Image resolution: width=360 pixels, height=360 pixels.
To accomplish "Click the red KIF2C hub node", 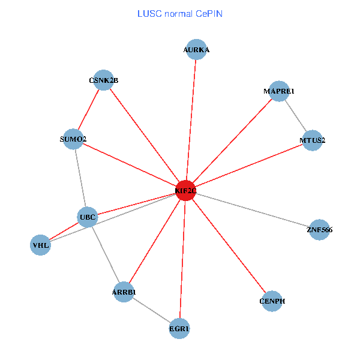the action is (185, 190).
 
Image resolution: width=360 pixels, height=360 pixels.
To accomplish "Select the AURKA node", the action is (196, 49).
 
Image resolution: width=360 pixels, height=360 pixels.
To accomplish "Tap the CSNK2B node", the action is (104, 80).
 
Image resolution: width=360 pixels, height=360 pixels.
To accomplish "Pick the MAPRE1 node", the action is (279, 91).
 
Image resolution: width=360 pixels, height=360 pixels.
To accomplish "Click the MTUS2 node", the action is (313, 140).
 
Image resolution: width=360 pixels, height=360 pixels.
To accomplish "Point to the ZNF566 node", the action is (319, 229).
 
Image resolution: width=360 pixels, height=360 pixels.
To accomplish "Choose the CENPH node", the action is (272, 301).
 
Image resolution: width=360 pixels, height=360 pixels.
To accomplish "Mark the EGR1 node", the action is (179, 328).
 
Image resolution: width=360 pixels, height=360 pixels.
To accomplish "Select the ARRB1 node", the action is (124, 292).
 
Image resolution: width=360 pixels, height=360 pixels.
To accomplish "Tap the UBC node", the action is (88, 217).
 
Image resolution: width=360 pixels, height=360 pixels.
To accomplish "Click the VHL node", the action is (41, 245).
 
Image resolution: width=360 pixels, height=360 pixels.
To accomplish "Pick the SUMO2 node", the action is (74, 139).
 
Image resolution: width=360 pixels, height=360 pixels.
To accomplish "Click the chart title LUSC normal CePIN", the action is (180, 13).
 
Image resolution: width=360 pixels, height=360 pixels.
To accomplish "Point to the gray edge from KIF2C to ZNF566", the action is (252, 209).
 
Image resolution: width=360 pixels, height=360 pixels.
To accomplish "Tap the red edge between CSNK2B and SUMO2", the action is (89, 110).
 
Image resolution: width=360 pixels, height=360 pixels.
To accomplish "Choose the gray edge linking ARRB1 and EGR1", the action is (152, 310).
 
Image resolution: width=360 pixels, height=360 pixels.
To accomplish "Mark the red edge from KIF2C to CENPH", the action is (229, 245).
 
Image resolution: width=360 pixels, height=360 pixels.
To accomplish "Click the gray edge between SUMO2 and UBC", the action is (81, 178).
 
